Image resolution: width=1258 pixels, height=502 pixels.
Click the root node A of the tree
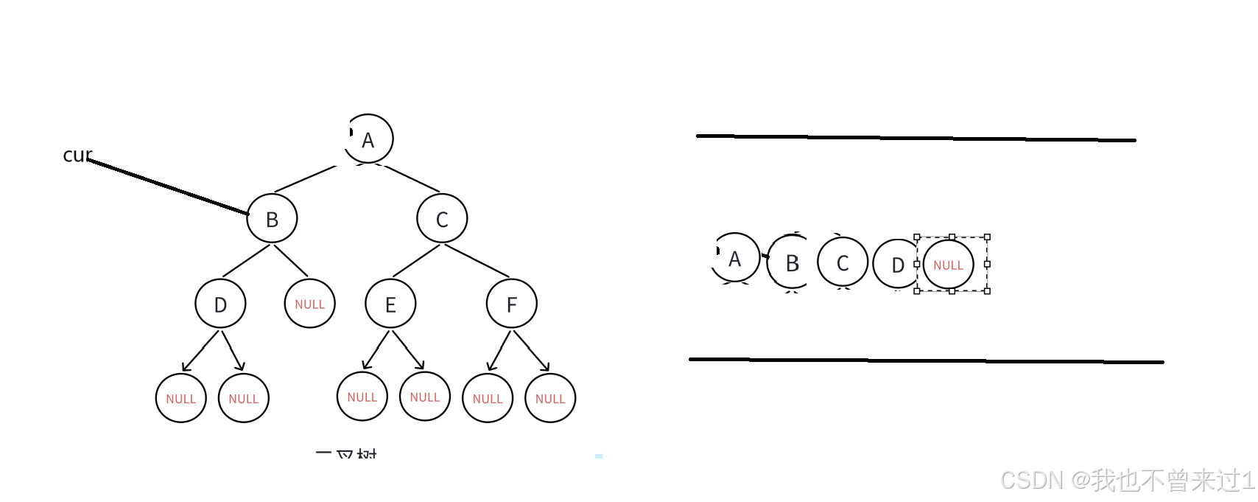(x=368, y=139)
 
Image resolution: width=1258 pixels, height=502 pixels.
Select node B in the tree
(x=272, y=219)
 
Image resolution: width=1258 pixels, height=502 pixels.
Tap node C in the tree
(x=442, y=219)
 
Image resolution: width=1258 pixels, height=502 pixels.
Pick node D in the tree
(x=220, y=304)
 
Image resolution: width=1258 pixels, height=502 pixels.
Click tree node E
(x=390, y=304)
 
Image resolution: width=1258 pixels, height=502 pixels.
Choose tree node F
(x=511, y=304)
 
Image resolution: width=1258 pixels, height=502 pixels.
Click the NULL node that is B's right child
(x=310, y=304)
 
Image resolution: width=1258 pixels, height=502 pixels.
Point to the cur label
(x=77, y=155)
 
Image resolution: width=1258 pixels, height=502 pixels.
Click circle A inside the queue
(x=734, y=258)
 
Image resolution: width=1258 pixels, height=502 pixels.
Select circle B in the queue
(x=791, y=262)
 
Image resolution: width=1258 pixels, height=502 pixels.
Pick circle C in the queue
(x=843, y=262)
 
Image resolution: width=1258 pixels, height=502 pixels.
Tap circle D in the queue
(x=896, y=264)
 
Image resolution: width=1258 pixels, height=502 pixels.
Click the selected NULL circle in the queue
(x=949, y=265)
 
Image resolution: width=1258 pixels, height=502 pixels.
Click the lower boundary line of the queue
(x=926, y=360)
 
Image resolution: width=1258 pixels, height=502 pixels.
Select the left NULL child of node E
(x=362, y=397)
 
